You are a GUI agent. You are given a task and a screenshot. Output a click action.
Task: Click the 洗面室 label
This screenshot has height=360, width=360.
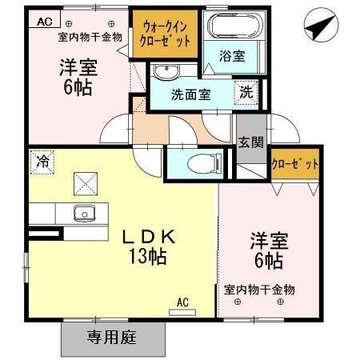[x=191, y=94]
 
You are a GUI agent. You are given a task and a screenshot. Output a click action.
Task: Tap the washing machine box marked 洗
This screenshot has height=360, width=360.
[x=246, y=91]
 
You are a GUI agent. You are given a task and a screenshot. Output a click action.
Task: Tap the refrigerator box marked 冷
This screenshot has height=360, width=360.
[x=42, y=160]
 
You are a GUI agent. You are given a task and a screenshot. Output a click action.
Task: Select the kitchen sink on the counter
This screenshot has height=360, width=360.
[x=82, y=213]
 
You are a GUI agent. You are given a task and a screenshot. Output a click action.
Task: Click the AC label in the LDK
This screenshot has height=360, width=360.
[x=182, y=302]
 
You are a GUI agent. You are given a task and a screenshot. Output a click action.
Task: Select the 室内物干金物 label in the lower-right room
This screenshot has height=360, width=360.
[x=259, y=289]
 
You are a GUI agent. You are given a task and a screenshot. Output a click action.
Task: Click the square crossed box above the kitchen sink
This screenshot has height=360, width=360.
[x=83, y=182]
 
